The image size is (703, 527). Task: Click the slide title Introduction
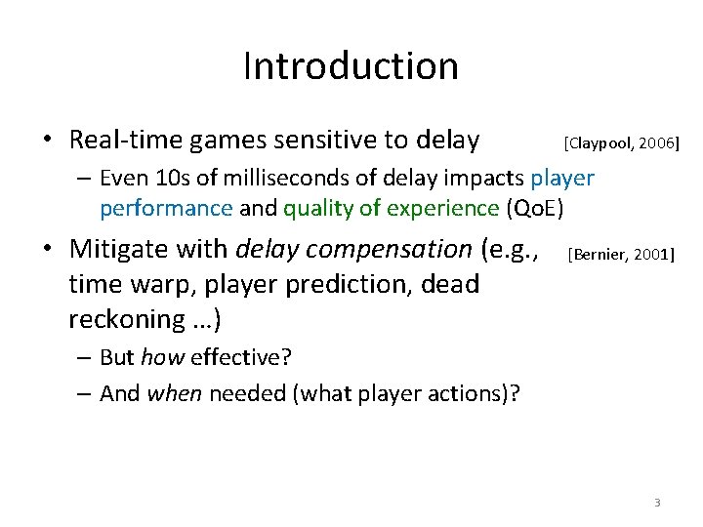tap(351, 66)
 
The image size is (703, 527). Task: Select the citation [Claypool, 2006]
tap(621, 143)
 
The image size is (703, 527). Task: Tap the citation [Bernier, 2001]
tap(620, 255)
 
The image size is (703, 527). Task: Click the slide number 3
tap(657, 503)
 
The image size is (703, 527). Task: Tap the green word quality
tap(313, 208)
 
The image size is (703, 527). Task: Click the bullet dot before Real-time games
tap(47, 142)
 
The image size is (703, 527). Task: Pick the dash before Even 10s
tap(83, 180)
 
